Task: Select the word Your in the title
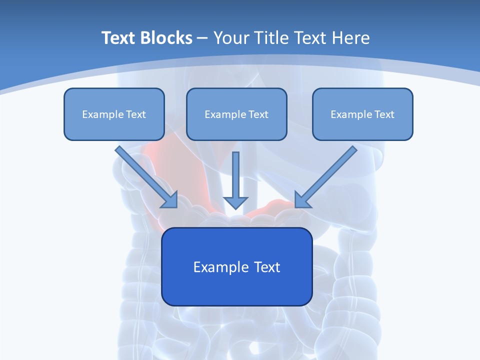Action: coord(230,38)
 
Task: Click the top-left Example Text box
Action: coord(114,114)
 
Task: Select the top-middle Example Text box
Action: coord(236,114)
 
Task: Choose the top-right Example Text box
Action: coord(362,114)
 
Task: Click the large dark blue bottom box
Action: coord(236,266)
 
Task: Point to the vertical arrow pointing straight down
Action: coord(235,177)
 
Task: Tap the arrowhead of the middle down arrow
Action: coord(235,202)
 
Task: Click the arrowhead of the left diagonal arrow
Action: coord(170,200)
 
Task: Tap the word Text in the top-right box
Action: coord(384,114)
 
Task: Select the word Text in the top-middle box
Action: coord(258,114)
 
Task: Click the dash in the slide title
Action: coord(203,38)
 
